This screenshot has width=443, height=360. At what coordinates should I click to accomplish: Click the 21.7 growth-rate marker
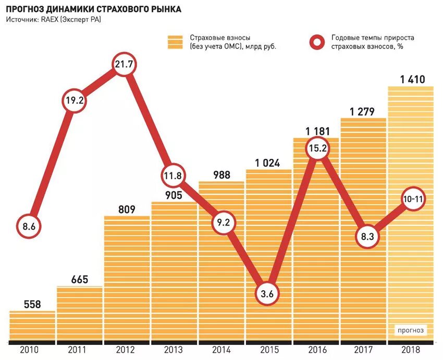[124, 65]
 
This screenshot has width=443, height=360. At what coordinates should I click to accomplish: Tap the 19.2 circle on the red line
[75, 101]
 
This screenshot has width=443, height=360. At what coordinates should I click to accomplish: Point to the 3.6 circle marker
[267, 294]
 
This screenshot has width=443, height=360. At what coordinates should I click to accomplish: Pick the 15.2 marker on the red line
[317, 149]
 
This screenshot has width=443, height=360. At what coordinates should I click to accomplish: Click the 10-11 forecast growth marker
[412, 199]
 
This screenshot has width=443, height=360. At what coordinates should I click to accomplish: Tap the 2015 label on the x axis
[269, 350]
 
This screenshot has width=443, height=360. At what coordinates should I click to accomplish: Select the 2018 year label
[411, 350]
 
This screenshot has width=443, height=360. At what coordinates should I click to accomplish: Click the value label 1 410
[412, 80]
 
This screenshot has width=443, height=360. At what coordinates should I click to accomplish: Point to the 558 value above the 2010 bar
[32, 304]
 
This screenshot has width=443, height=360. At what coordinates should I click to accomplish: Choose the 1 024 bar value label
[269, 163]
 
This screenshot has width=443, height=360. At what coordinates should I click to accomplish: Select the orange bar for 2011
[80, 313]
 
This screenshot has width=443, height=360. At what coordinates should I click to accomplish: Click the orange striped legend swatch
[175, 42]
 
